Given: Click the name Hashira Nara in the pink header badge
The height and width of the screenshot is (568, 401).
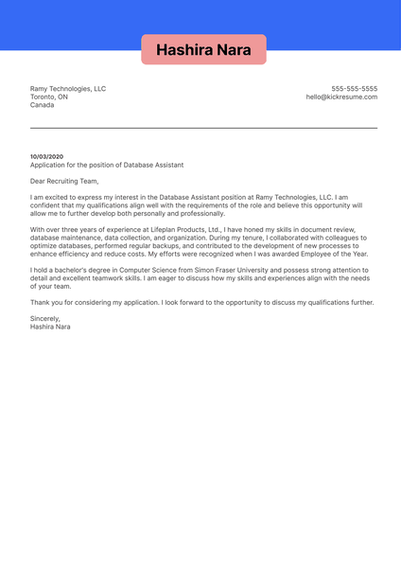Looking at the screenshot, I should [x=203, y=49].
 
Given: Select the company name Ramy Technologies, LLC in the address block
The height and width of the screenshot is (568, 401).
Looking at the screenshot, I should [x=68, y=89].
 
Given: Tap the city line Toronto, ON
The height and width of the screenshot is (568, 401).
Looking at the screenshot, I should [x=49, y=98].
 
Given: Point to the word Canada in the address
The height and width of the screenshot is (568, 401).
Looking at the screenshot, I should [x=43, y=105].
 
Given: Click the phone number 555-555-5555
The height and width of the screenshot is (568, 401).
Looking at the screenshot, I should [x=354, y=89].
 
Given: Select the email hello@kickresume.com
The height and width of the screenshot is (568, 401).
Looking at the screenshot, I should [x=341, y=98].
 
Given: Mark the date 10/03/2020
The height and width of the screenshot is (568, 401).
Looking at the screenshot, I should [x=47, y=156].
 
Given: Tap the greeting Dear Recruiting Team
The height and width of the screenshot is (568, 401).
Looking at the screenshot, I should [x=63, y=181].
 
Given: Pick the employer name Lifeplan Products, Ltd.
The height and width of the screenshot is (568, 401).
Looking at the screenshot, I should [x=185, y=229].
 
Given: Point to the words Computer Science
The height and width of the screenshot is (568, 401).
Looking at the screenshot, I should [x=142, y=270].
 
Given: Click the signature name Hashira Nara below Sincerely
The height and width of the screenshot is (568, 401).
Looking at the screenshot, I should [x=50, y=327].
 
